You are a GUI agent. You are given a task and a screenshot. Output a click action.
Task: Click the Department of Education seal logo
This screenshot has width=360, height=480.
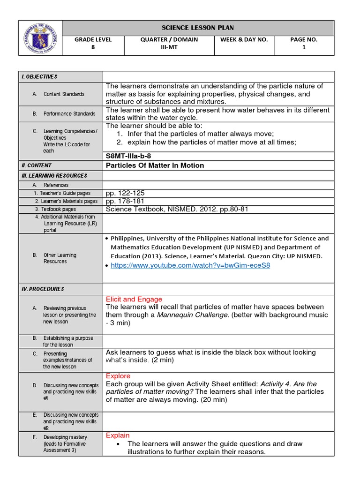pos(40,38)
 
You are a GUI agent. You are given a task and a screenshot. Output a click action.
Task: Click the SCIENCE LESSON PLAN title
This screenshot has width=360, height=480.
pos(198,27)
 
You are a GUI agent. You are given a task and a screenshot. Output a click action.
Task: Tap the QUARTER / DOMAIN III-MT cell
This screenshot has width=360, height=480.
pos(169,43)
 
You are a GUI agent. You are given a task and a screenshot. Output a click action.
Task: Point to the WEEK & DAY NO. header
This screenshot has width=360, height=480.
pos(244,40)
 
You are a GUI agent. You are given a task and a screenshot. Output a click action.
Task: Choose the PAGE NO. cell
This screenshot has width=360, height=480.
pos(304,43)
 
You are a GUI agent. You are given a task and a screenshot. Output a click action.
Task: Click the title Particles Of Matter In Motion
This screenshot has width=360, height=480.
pos(155,165)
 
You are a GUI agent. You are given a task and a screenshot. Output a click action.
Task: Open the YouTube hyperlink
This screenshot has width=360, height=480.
pos(190,265)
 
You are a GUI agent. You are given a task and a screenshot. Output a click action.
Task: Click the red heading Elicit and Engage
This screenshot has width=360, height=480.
pos(134,299)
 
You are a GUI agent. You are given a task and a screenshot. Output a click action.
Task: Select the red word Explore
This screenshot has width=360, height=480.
pos(118,376)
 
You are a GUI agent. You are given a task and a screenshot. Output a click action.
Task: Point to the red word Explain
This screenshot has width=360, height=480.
pos(118,435)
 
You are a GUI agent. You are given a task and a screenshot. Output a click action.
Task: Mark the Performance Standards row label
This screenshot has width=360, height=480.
pos(69,114)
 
